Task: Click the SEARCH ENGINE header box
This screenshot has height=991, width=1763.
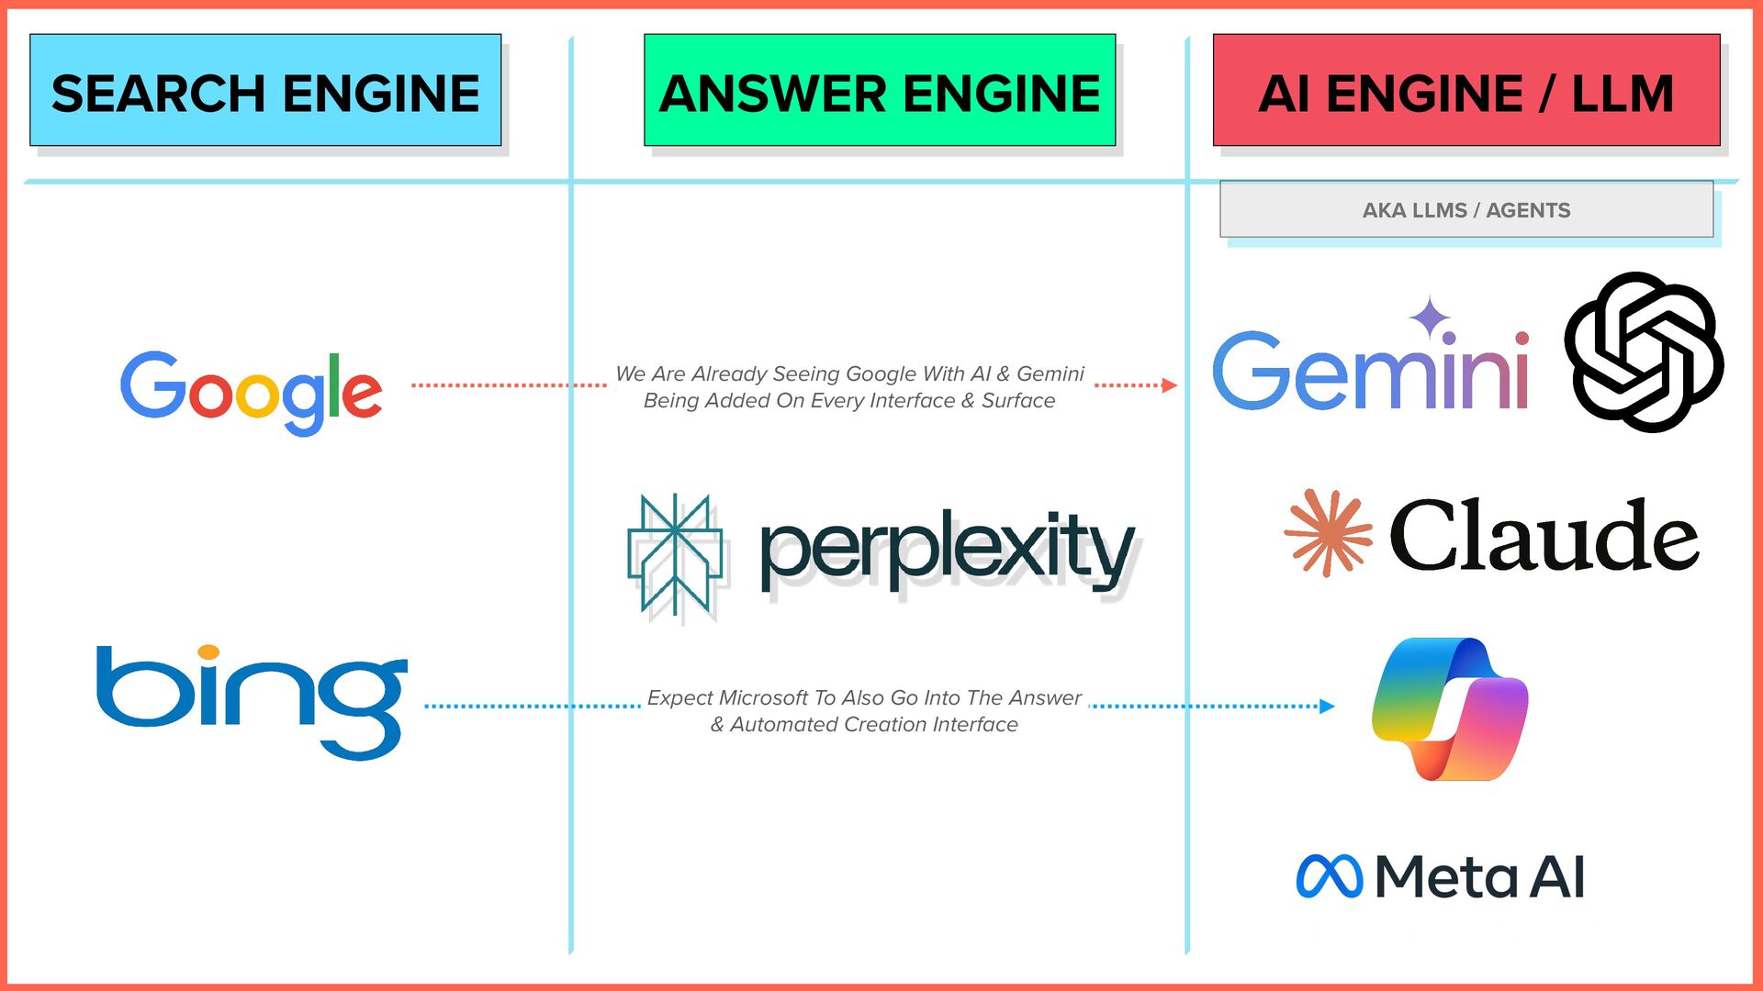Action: coord(265,90)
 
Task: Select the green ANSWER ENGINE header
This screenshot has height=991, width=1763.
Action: coord(880,90)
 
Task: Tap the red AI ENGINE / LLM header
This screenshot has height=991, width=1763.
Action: coord(1466,90)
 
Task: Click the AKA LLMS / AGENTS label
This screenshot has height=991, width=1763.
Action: coord(1466,210)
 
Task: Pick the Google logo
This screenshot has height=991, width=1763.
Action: coord(251,391)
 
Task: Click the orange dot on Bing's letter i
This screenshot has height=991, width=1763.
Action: coord(209,651)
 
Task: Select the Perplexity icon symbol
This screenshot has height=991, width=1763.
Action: coord(675,554)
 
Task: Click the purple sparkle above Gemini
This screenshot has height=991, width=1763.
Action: coord(1430,317)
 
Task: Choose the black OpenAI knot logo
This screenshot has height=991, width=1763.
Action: coord(1644,351)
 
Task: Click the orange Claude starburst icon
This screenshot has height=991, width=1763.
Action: coord(1328,533)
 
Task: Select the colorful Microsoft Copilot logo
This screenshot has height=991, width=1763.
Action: coord(1450,709)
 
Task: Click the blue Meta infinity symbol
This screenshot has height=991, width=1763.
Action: coord(1329,876)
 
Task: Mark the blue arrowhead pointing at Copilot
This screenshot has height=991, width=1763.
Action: coord(1326,706)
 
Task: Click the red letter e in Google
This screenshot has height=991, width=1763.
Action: coord(362,395)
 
